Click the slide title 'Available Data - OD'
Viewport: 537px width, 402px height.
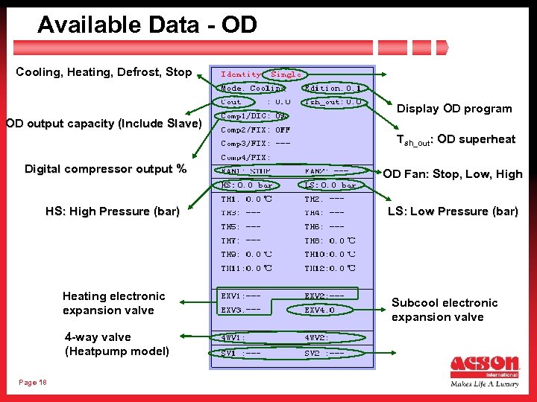[x=147, y=25]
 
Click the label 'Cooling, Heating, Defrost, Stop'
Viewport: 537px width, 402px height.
[x=104, y=72]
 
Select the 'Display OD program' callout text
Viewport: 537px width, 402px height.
[x=454, y=109]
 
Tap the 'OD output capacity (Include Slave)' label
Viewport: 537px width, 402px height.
[x=104, y=123]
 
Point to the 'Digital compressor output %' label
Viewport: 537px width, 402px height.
[x=105, y=169]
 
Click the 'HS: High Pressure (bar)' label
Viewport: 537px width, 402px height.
[x=113, y=211]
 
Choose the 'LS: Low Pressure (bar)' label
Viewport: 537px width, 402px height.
[x=453, y=211]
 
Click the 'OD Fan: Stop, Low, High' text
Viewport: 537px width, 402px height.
[x=453, y=174]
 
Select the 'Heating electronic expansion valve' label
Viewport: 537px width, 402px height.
[x=113, y=303]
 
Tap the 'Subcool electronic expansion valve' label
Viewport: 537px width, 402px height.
[x=444, y=310]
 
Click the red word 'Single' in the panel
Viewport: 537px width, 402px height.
[x=286, y=74]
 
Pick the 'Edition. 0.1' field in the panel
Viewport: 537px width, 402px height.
[x=333, y=89]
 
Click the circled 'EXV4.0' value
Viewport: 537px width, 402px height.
[x=321, y=310]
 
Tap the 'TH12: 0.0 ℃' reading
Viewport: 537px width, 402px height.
[x=330, y=268]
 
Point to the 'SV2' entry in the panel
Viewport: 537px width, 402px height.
[x=324, y=353]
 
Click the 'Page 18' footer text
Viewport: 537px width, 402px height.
[x=33, y=382]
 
